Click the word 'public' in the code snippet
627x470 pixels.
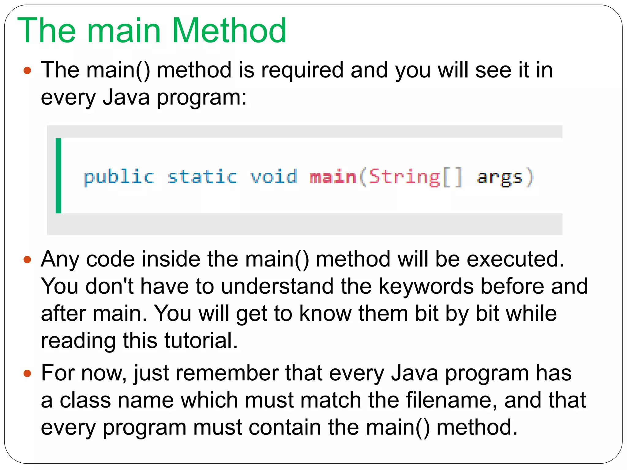coord(119,177)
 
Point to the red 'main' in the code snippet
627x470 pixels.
coord(333,177)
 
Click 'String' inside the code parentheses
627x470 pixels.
coord(404,177)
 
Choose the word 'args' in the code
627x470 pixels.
coord(500,178)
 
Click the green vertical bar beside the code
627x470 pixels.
coord(58,176)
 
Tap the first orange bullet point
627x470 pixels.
coord(27,71)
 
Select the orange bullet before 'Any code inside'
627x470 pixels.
coord(27,260)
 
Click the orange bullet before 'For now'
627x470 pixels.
coord(27,374)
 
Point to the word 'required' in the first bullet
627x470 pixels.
coord(302,70)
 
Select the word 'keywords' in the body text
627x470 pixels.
coord(426,286)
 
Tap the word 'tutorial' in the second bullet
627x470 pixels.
coord(201,340)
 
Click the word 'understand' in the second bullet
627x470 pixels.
coord(277,286)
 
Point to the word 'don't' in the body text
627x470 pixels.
coord(110,286)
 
